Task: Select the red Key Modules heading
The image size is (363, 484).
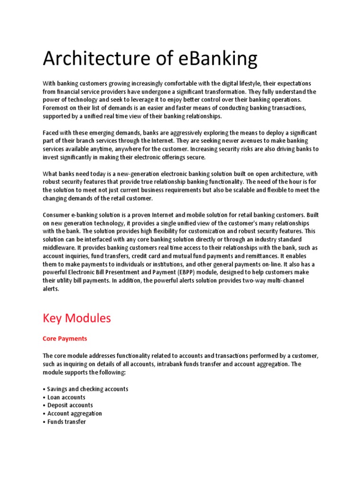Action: pyautogui.click(x=77, y=318)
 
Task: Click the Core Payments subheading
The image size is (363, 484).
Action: pyautogui.click(x=65, y=339)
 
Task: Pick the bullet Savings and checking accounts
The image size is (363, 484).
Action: pyautogui.click(x=87, y=389)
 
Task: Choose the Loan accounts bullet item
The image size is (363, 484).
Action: pyautogui.click(x=66, y=397)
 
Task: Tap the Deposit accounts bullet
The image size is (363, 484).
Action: pyautogui.click(x=70, y=405)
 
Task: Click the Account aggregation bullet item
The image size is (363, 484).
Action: pyautogui.click(x=74, y=414)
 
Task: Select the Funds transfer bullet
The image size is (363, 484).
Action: pyautogui.click(x=67, y=422)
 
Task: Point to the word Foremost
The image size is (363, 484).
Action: pyautogui.click(x=56, y=108)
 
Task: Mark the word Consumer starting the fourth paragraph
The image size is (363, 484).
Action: pyautogui.click(x=57, y=215)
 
